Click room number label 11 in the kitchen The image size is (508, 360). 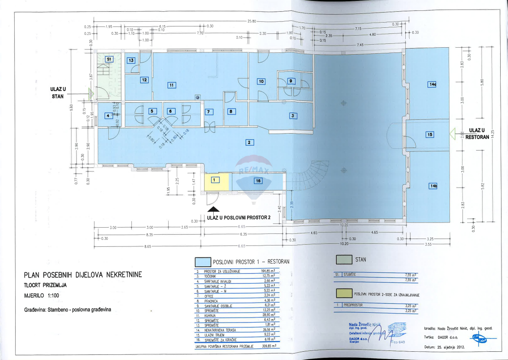(172, 85)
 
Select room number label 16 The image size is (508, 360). (258, 181)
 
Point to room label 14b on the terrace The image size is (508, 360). (433, 186)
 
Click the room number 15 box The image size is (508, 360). (430, 134)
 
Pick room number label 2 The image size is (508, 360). (249, 142)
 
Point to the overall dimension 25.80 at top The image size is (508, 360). (252, 21)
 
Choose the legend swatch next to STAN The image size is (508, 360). (344, 259)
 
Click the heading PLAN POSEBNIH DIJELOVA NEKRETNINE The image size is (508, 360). (83, 275)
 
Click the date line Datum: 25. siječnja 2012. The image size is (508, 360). (444, 347)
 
